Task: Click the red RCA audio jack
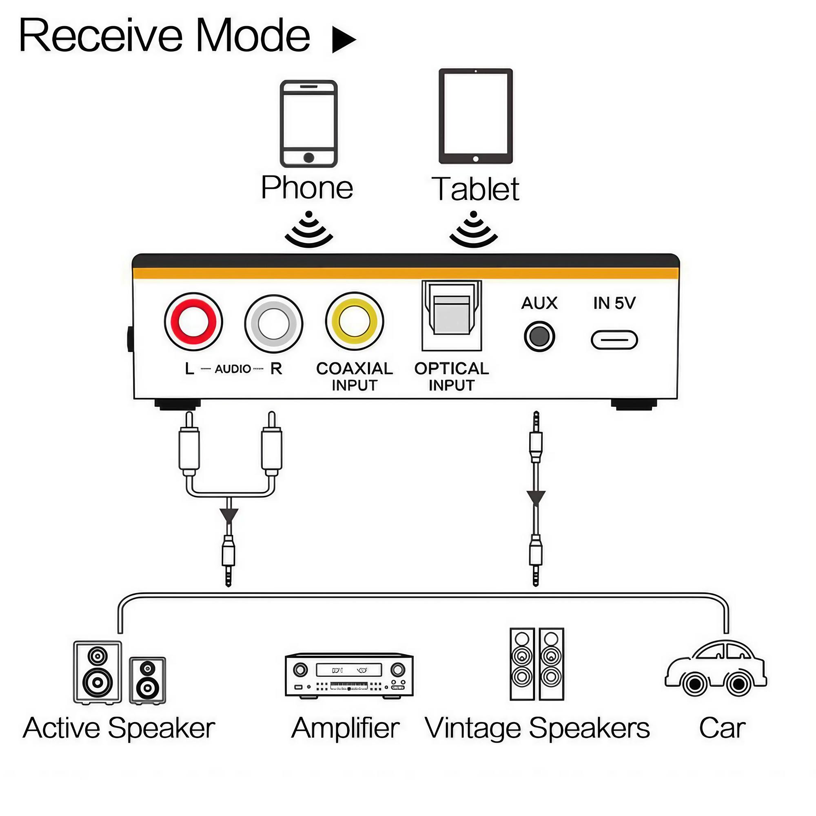coord(193,322)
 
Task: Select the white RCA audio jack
coord(274,324)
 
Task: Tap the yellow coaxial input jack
coord(355,322)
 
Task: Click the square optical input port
coord(452,315)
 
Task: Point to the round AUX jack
coord(539,336)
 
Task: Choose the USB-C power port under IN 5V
coord(614,340)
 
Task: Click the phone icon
coord(309,123)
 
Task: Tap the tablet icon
coord(476,116)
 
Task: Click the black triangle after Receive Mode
coord(343,40)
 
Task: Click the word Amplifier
coord(345,729)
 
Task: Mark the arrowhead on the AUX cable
coord(536,497)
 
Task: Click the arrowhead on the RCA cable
coord(229,515)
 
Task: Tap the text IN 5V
coord(614,303)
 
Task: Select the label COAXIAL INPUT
coord(355,376)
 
